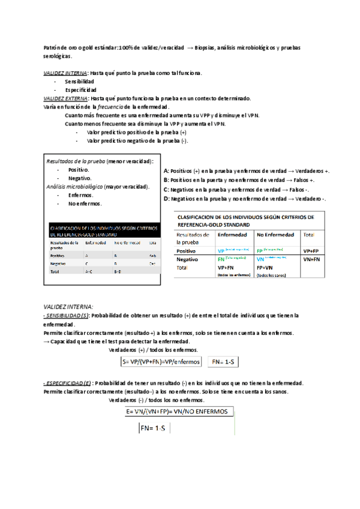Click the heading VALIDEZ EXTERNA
67,98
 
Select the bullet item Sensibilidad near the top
80,81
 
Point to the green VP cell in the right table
221,250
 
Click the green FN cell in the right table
221,259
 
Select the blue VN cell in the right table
260,259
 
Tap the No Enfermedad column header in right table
275,235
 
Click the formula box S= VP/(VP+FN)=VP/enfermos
160,362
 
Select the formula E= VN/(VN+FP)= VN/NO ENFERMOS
177,412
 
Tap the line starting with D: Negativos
245,199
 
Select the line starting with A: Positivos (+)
246,170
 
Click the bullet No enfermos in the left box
85,203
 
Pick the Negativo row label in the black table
58,264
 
